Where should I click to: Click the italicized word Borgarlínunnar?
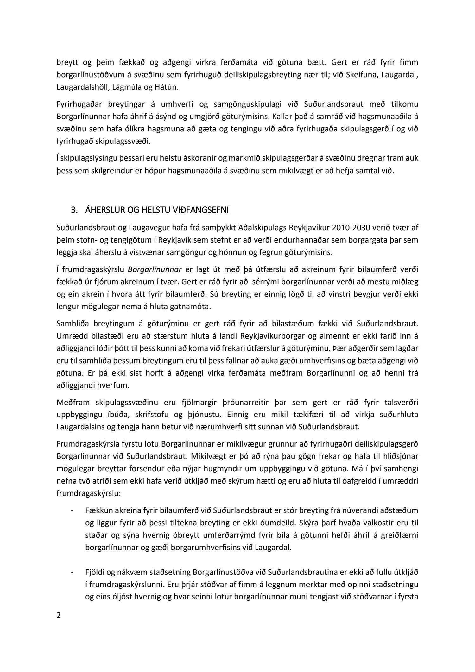pyautogui.click(x=155, y=269)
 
